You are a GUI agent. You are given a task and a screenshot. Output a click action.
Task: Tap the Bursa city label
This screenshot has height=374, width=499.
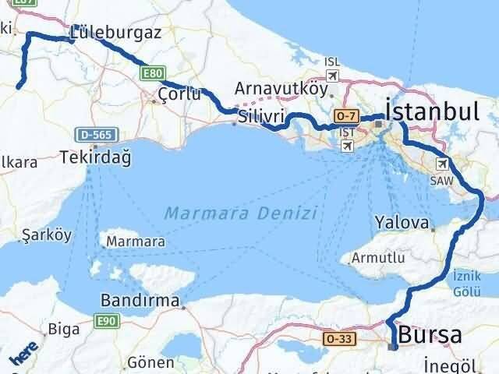click(x=430, y=335)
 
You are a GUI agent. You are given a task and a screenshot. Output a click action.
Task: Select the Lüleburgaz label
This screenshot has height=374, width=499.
click(x=115, y=33)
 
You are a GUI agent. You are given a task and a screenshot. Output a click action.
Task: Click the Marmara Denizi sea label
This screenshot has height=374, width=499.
click(x=241, y=212)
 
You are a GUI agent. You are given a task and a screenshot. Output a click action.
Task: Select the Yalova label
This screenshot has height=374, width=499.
click(x=402, y=223)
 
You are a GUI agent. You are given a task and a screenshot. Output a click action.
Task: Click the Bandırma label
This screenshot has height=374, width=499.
click(x=141, y=300)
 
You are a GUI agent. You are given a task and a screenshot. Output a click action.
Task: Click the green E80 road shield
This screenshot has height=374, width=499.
click(x=152, y=74)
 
